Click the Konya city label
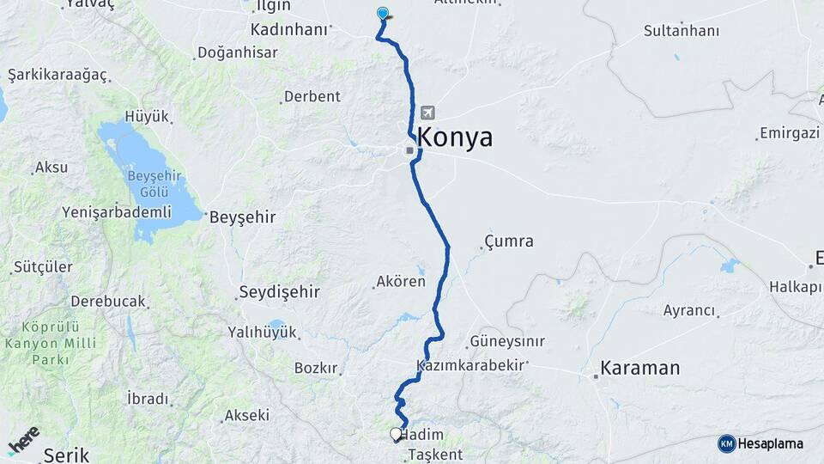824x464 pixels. click(x=455, y=137)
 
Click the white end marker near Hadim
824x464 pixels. click(x=396, y=435)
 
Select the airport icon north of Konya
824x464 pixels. click(x=427, y=113)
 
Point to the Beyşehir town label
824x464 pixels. click(x=243, y=217)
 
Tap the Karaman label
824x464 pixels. click(x=639, y=369)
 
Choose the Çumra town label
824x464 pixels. click(x=508, y=241)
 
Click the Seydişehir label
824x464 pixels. click(x=279, y=292)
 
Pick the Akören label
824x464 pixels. click(x=401, y=281)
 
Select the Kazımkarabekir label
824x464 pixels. click(x=470, y=365)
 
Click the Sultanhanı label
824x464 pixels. click(x=682, y=30)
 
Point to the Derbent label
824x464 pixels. click(x=312, y=96)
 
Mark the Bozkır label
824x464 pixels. click(x=316, y=368)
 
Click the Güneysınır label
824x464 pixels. click(x=506, y=341)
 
